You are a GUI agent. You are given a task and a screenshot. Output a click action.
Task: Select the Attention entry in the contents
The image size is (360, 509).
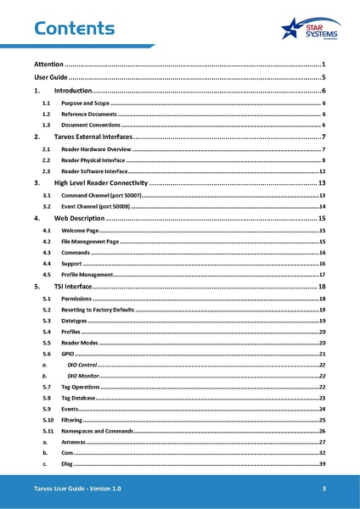48,64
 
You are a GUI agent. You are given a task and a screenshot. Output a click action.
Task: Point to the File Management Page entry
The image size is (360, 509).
91,241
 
